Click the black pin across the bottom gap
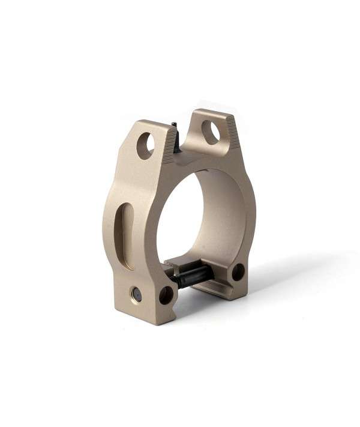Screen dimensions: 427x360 [x=193, y=276]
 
